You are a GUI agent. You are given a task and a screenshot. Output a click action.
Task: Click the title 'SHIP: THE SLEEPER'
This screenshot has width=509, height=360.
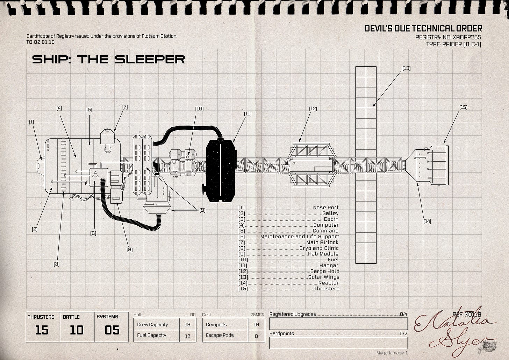pos(108,59)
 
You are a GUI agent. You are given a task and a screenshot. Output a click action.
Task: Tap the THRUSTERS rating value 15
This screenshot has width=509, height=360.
pos(42,330)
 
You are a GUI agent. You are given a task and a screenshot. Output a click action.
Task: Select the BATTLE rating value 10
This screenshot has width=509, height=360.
pos(77,330)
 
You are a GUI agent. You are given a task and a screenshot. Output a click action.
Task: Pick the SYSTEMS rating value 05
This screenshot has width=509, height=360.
pos(112,330)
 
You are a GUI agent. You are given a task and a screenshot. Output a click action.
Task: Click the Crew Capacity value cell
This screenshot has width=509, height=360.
pos(187,325)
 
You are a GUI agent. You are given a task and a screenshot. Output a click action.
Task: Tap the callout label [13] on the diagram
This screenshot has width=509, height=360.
pos(406,68)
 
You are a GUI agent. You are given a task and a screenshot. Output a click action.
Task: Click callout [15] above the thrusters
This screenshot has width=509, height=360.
pos(463,107)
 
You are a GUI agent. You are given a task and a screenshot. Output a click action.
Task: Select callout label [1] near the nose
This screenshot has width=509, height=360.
pos(31,122)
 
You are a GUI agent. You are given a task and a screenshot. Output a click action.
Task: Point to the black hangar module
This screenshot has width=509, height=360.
pos(220,170)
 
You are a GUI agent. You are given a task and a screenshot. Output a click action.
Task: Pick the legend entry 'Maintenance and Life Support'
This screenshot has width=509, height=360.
pos(299,237)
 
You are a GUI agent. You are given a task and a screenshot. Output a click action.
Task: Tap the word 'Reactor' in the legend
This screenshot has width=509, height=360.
pos(329,283)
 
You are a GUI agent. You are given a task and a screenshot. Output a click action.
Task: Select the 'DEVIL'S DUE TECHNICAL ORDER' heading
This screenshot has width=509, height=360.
pos(423,28)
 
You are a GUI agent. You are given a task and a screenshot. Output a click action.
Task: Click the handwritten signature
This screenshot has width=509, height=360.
pos(454,331)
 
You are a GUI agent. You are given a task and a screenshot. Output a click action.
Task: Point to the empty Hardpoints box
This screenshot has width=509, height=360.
pos(338,343)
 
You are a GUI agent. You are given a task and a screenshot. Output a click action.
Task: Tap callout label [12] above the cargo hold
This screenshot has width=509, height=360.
pos(313,108)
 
